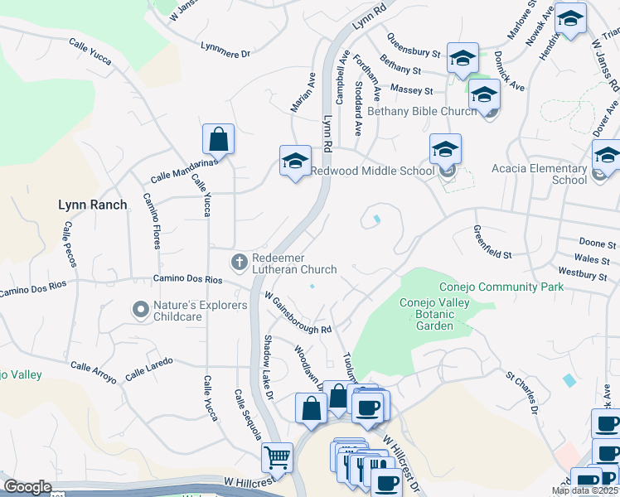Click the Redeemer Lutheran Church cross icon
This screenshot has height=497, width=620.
pyautogui.click(x=240, y=263)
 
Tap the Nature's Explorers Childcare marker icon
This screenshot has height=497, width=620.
pyautogui.click(x=140, y=311)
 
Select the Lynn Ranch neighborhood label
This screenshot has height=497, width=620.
pyautogui.click(x=93, y=205)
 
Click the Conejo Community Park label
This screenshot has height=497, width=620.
pyautogui.click(x=501, y=287)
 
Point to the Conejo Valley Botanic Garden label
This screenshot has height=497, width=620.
pyautogui.click(x=434, y=314)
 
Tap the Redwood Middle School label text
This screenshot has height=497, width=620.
pyautogui.click(x=372, y=171)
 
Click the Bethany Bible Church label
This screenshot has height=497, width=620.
pyautogui.click(x=422, y=111)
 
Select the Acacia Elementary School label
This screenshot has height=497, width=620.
pyautogui.click(x=539, y=174)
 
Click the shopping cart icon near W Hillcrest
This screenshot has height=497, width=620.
pyautogui.click(x=277, y=456)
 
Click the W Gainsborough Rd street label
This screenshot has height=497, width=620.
pyautogui.click(x=298, y=312)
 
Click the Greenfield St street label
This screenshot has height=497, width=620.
pyautogui.click(x=493, y=241)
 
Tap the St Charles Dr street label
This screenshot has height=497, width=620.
pyautogui.click(x=523, y=392)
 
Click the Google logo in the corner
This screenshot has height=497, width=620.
pyautogui.click(x=27, y=487)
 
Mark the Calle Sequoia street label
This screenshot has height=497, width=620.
pyautogui.click(x=247, y=414)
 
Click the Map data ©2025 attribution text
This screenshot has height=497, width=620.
pyautogui.click(x=584, y=490)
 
